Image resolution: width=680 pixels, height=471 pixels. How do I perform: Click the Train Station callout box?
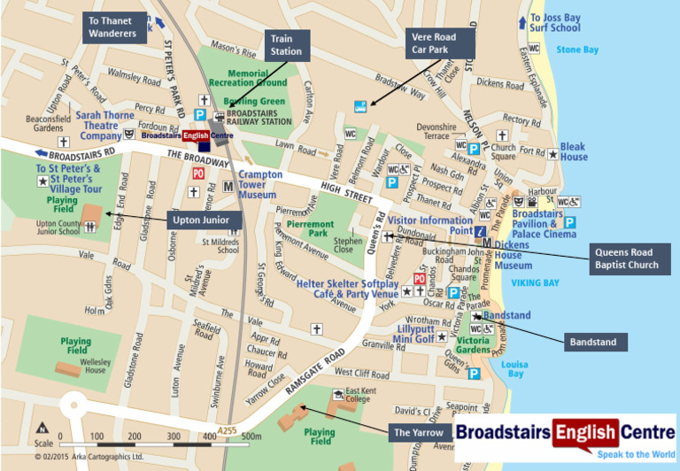[287, 45]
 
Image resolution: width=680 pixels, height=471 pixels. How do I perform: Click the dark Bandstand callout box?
[595, 341]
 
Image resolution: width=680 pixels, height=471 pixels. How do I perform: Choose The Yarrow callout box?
[419, 433]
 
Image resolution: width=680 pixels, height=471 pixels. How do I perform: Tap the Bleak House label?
[573, 151]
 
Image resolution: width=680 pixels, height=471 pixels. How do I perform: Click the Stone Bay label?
[577, 50]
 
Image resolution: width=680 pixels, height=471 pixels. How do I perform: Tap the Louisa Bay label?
[514, 370]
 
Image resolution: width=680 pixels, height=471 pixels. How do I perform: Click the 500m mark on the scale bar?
[251, 436]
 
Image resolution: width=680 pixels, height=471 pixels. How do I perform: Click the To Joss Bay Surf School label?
[555, 22]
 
